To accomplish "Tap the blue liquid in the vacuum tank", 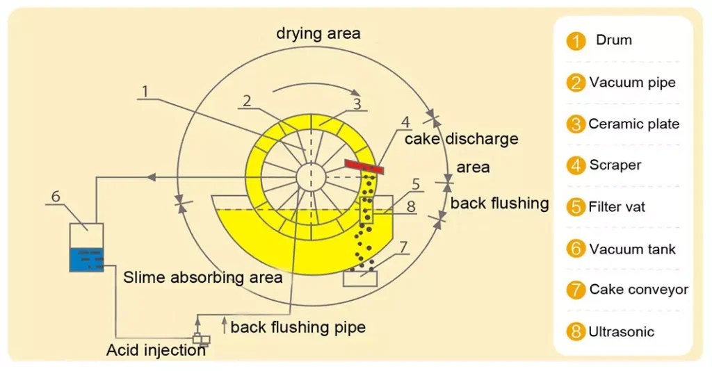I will tap(87, 258).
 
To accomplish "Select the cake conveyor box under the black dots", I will tap(360, 278).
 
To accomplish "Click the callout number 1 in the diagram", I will tap(145, 91).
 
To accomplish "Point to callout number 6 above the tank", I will tap(56, 197).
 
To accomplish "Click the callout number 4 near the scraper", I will tap(405, 122).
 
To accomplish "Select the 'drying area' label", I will tap(318, 33).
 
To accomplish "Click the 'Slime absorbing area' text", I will tap(203, 277).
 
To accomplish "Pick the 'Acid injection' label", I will tap(156, 350).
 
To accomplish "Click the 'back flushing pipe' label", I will tap(298, 327).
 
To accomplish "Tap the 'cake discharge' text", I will tap(462, 138).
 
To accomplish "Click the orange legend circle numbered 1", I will tap(576, 41).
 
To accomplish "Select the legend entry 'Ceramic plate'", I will tap(633, 124).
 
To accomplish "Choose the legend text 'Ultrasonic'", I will tap(621, 331).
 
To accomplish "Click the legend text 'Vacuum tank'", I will tap(632, 249).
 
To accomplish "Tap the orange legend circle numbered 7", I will tap(576, 290).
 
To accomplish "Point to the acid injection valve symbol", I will tap(200, 340).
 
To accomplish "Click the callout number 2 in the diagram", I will tap(246, 100).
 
